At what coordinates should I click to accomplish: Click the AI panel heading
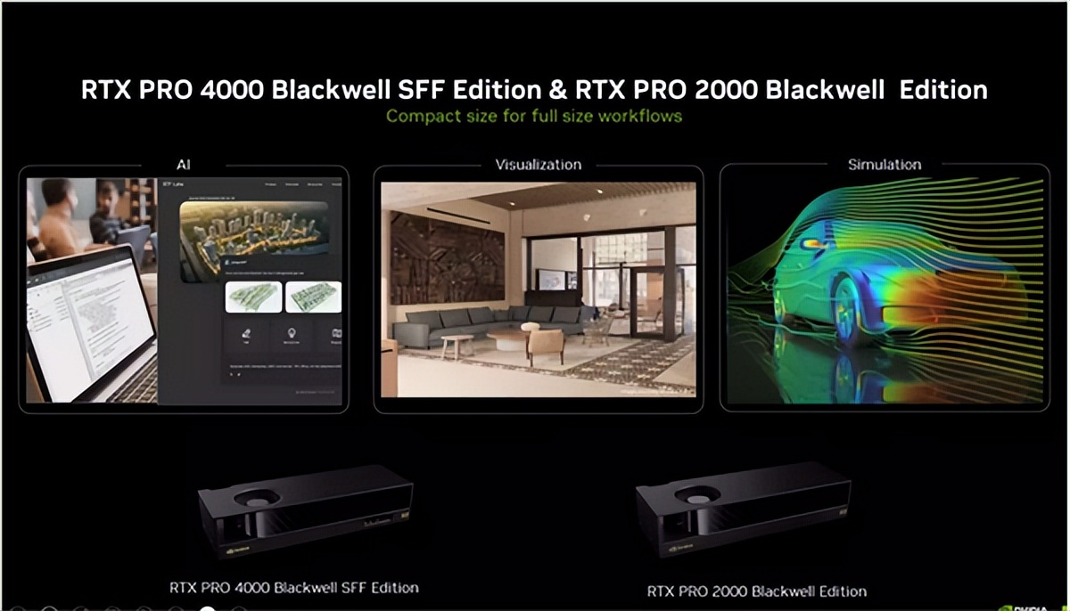[x=183, y=165]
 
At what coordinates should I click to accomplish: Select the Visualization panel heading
[x=538, y=165]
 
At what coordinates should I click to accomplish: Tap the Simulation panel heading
[x=885, y=165]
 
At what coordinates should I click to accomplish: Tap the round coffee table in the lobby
[x=509, y=340]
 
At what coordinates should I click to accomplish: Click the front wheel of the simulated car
[x=847, y=312]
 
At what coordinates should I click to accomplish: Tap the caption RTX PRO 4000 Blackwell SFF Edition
[x=294, y=588]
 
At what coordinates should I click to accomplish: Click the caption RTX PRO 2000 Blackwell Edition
[x=756, y=591]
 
